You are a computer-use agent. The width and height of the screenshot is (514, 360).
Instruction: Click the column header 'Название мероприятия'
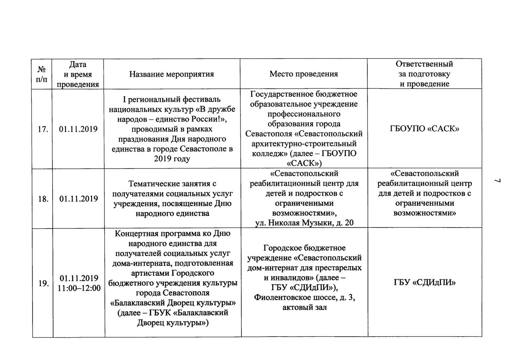(x=171, y=74)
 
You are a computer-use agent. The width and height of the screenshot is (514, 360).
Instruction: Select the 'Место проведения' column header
(x=304, y=74)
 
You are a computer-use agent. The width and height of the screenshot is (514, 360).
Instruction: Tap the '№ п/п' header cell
(x=41, y=74)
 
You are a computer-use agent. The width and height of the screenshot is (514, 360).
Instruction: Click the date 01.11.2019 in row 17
(x=78, y=129)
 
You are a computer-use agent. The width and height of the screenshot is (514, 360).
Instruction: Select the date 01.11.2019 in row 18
(x=78, y=199)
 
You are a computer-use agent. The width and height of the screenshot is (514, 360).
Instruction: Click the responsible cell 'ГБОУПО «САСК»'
(x=424, y=129)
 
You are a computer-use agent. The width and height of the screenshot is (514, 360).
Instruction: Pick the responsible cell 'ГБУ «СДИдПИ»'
(x=424, y=283)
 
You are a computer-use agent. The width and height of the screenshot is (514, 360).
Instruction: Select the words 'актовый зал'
(x=304, y=308)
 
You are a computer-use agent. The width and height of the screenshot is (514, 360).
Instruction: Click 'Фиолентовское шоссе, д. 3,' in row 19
(x=304, y=298)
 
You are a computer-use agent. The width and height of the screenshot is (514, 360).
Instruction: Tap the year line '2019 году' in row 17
(x=171, y=159)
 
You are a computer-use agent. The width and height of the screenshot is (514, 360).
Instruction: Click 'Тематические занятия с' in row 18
(x=171, y=184)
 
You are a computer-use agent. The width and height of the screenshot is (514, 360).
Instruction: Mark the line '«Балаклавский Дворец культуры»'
(x=171, y=303)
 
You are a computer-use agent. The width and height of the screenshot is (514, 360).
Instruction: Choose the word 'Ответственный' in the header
(x=424, y=64)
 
